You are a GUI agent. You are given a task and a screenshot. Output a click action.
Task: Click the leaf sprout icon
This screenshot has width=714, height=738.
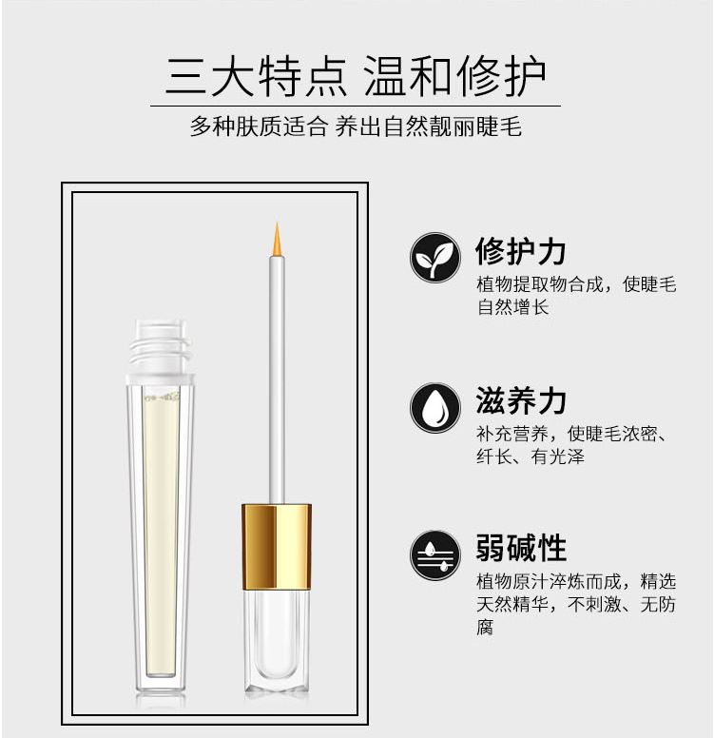tap(434, 258)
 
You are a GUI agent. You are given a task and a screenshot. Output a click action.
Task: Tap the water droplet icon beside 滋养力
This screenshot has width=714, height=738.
tap(434, 408)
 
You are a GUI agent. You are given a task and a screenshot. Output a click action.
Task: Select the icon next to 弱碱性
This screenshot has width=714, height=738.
tap(434, 555)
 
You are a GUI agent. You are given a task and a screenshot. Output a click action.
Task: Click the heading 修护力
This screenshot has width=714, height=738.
tap(521, 251)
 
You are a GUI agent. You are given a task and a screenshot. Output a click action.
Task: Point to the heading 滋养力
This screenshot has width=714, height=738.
tap(521, 401)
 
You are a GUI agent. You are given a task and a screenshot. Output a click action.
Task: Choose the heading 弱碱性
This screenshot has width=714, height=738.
tap(521, 548)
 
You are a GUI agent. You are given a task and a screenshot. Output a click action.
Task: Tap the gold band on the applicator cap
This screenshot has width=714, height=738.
tap(277, 547)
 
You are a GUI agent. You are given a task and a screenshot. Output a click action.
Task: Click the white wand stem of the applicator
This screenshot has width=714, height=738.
tap(277, 379)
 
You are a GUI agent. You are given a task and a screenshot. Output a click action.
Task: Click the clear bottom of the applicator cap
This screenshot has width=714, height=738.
tap(277, 641)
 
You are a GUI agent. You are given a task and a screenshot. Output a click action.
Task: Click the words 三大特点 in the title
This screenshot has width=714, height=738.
tap(256, 76)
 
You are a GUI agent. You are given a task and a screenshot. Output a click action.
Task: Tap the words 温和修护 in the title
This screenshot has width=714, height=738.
tap(455, 76)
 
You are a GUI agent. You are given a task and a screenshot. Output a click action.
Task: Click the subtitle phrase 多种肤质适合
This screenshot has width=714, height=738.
tap(259, 126)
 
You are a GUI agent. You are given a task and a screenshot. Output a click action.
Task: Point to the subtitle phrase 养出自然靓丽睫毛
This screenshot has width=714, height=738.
tap(429, 126)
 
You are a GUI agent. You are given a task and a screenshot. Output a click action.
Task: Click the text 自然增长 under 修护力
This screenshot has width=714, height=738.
tap(512, 307)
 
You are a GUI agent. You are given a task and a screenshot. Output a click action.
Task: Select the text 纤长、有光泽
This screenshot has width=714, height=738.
tap(530, 456)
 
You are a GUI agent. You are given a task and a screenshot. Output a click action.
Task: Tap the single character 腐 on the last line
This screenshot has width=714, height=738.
tap(485, 628)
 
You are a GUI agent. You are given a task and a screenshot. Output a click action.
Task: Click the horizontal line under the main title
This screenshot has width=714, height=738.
tap(356, 107)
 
